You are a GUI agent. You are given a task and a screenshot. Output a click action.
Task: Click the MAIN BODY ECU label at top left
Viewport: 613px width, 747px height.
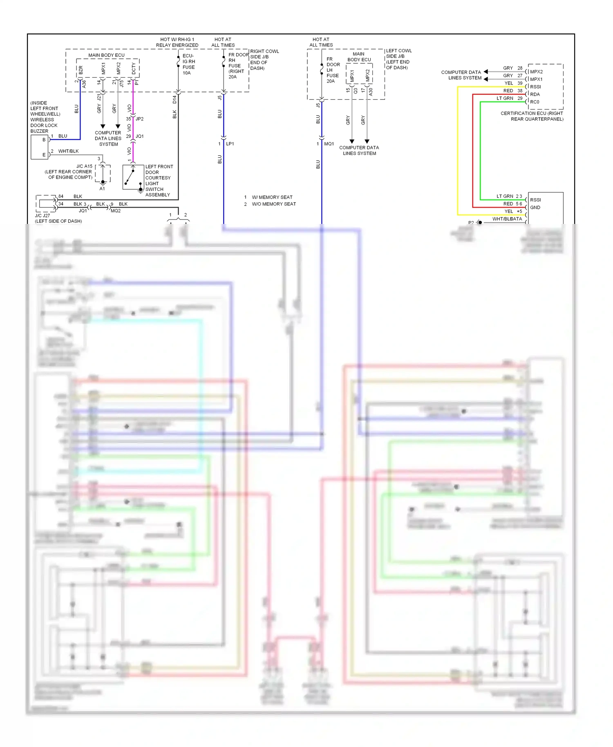(106, 55)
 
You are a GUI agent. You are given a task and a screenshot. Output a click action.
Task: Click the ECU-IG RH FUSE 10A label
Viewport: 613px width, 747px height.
(188, 64)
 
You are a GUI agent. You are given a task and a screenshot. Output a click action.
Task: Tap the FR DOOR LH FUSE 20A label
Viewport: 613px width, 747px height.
(333, 70)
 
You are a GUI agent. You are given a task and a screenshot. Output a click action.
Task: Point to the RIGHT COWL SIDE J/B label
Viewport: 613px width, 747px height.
(264, 60)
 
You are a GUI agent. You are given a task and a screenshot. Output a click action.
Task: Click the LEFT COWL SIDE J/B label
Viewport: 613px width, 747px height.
(398, 59)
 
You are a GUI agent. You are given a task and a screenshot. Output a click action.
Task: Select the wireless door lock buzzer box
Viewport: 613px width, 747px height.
(40, 147)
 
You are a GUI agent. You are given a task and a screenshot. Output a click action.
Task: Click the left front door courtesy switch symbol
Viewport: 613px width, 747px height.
(133, 177)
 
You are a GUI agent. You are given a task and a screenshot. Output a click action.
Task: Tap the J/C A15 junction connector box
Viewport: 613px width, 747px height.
(103, 173)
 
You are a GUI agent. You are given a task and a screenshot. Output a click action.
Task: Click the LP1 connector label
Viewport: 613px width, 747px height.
(230, 144)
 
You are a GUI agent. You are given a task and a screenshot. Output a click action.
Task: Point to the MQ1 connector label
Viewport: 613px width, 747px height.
(329, 144)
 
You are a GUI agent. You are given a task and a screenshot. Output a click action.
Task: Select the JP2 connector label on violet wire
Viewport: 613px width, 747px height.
(139, 119)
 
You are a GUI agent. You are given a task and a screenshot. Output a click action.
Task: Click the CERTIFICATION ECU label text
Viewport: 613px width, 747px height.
(532, 116)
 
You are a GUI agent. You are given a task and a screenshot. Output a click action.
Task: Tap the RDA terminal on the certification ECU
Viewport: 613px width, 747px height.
(535, 94)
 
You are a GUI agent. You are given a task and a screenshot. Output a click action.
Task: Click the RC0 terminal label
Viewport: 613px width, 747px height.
(535, 102)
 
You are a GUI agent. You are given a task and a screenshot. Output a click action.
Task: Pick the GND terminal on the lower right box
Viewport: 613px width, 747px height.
(535, 208)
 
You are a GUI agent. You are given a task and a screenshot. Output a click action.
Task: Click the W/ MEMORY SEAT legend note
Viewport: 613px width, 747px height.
(272, 197)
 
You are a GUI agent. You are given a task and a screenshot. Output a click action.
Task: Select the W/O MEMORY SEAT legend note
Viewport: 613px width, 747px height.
(273, 204)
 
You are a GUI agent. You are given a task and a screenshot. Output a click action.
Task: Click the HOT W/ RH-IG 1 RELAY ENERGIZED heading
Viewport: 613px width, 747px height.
(177, 42)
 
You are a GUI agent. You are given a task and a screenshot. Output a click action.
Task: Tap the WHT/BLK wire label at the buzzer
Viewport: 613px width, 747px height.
(68, 151)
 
